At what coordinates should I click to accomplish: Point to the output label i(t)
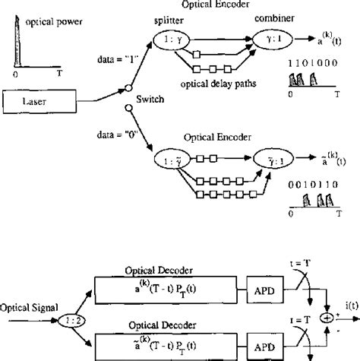click(x=347, y=306)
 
